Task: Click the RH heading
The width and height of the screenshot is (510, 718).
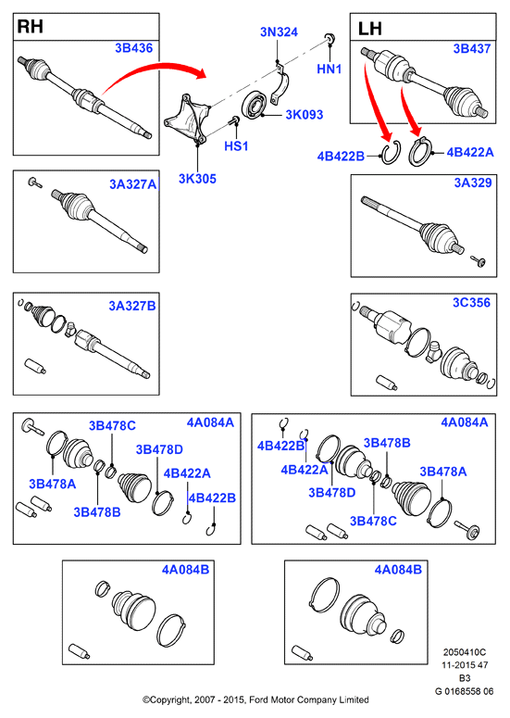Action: pyautogui.click(x=31, y=27)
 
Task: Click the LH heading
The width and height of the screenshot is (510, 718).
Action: pyautogui.click(x=370, y=29)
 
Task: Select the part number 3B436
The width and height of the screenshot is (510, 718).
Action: pyautogui.click(x=133, y=48)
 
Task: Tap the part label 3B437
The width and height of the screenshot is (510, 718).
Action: pyautogui.click(x=471, y=48)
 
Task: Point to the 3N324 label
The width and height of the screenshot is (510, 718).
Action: pyautogui.click(x=279, y=32)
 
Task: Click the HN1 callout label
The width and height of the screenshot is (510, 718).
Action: pyautogui.click(x=329, y=69)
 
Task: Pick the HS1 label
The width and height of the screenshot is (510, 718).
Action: pyautogui.click(x=236, y=146)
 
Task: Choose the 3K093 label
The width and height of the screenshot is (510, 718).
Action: pyautogui.click(x=305, y=115)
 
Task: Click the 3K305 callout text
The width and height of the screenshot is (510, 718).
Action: pyautogui.click(x=197, y=179)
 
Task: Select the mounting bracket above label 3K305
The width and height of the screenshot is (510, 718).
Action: pyautogui.click(x=187, y=120)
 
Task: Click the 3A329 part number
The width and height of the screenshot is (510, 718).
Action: pyautogui.click(x=472, y=183)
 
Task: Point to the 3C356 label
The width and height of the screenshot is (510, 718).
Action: pyautogui.click(x=471, y=303)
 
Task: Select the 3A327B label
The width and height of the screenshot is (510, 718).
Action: pyautogui.click(x=132, y=306)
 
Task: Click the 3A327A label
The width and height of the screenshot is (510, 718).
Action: pyautogui.click(x=132, y=184)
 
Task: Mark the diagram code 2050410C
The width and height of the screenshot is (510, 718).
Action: pyautogui.click(x=465, y=652)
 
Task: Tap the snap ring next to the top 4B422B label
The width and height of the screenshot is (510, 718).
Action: pyautogui.click(x=392, y=153)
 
